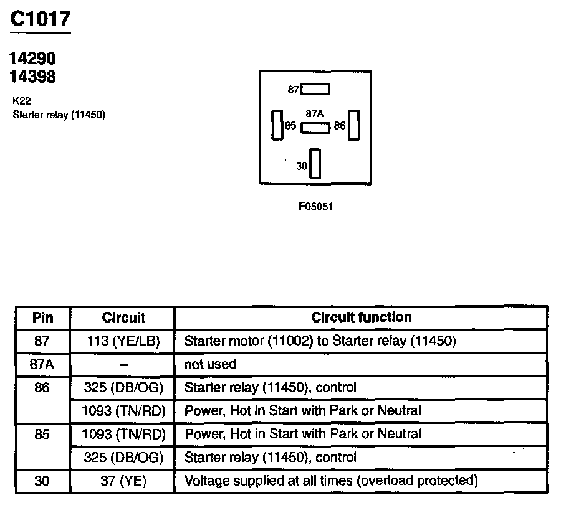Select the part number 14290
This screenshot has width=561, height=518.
32,59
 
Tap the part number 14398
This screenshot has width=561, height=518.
32,77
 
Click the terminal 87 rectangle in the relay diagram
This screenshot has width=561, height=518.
315,89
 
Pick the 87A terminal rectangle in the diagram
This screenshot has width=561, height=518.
315,128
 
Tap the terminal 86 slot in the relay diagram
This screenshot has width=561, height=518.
354,125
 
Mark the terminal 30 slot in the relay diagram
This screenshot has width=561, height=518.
315,164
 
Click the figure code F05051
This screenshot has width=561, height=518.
315,206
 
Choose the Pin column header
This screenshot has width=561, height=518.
43,318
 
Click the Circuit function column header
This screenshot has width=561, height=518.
362,318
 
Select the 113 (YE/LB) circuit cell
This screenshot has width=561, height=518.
123,341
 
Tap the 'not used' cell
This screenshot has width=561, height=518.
210,364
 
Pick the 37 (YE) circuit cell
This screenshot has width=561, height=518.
123,481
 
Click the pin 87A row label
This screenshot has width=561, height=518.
43,364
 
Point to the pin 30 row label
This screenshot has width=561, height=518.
43,481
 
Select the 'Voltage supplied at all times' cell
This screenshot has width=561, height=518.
331,481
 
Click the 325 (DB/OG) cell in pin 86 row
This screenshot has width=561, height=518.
123,387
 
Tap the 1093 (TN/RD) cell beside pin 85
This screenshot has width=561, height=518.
123,434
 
